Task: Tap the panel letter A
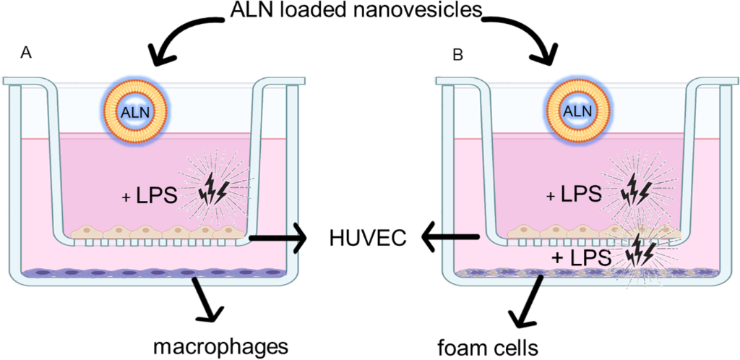pyautogui.click(x=26, y=53)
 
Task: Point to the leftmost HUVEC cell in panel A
pyautogui.click(x=86, y=231)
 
